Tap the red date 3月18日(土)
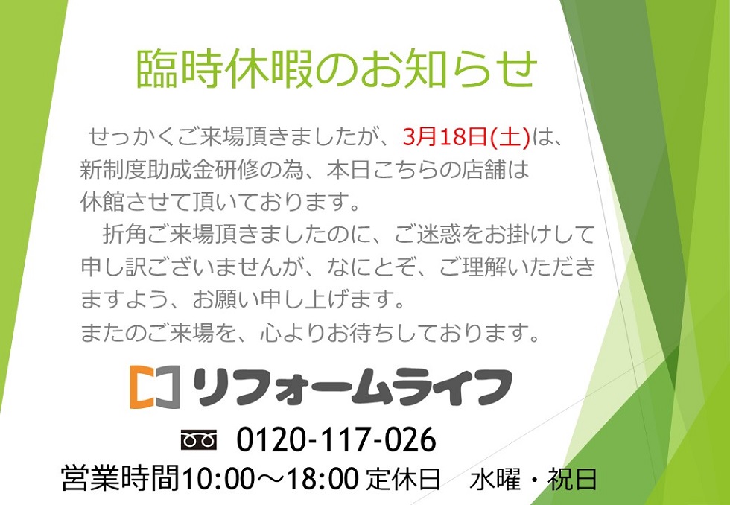(467, 139)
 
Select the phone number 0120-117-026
(336, 440)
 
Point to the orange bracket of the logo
(141, 387)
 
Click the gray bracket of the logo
(169, 387)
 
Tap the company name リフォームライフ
(352, 387)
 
